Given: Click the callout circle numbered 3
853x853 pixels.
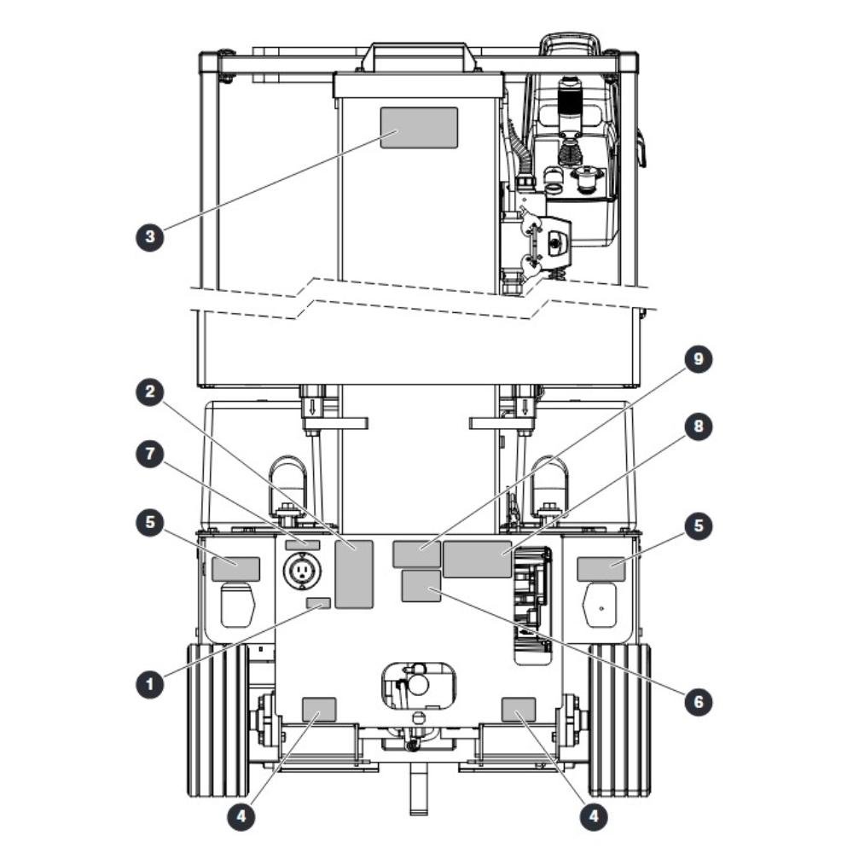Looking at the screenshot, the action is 150,236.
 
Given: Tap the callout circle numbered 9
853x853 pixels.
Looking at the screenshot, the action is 698,358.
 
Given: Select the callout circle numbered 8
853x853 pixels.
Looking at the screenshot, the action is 698,426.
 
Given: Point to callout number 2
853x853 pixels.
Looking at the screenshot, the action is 150,391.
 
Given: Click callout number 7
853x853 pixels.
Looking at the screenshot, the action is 150,455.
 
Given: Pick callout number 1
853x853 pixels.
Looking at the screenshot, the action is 150,683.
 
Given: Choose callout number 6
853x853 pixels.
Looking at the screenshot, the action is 698,701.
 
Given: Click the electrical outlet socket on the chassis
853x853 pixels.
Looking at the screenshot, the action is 302,571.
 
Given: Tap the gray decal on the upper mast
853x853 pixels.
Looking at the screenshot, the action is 419,128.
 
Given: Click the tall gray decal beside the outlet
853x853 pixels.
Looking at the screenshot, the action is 354,574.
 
